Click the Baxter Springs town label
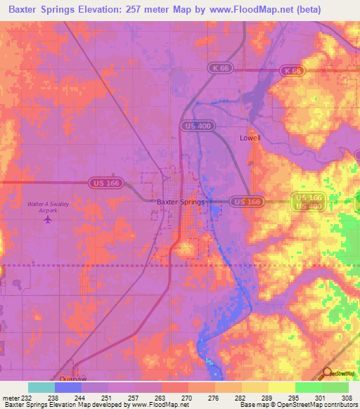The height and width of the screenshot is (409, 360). tap(181, 202)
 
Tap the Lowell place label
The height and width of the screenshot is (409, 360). tap(250, 138)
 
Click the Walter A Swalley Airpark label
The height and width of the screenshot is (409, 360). tap(48, 207)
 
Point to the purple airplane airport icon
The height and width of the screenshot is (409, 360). tap(48, 219)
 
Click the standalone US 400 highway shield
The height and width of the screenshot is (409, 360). tap(197, 125)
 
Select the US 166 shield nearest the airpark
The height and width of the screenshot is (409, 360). tap(104, 183)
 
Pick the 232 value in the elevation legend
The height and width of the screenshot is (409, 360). tap(27, 397)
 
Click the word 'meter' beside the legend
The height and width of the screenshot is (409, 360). tap(11, 397)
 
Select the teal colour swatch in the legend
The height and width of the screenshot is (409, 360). tap(41, 387)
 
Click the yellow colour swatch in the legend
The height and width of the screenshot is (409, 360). tap(281, 387)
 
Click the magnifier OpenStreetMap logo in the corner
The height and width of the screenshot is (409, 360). tap(327, 373)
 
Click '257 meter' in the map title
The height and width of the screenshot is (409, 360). tap(150, 10)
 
